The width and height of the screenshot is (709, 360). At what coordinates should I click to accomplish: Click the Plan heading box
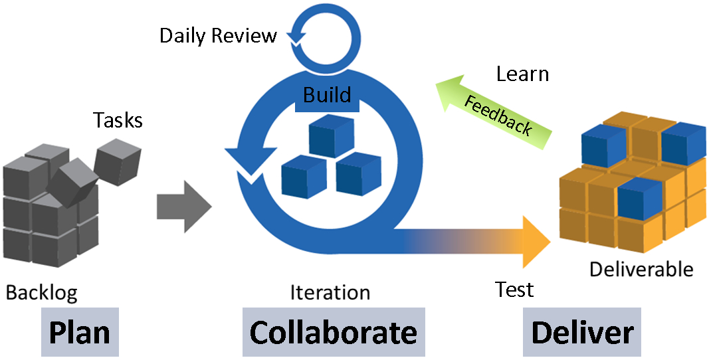coord(80,332)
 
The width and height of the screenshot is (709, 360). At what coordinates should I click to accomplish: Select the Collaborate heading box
coord(333,332)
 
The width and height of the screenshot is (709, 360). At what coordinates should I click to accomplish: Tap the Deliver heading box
coord(582,332)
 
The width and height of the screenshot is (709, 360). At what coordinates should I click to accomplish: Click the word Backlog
coord(41,292)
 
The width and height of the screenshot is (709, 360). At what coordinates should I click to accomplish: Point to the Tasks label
coord(118,120)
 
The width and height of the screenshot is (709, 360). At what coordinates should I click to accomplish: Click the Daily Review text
coord(218,35)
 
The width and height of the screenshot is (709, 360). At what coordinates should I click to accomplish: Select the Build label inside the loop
coord(327,95)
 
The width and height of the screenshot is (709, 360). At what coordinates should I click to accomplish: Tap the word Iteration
coord(330,292)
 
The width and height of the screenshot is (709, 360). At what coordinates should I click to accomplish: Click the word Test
coord(514,290)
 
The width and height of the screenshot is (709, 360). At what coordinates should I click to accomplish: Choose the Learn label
coord(522,74)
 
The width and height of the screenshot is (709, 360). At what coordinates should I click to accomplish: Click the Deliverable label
coord(641,269)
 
